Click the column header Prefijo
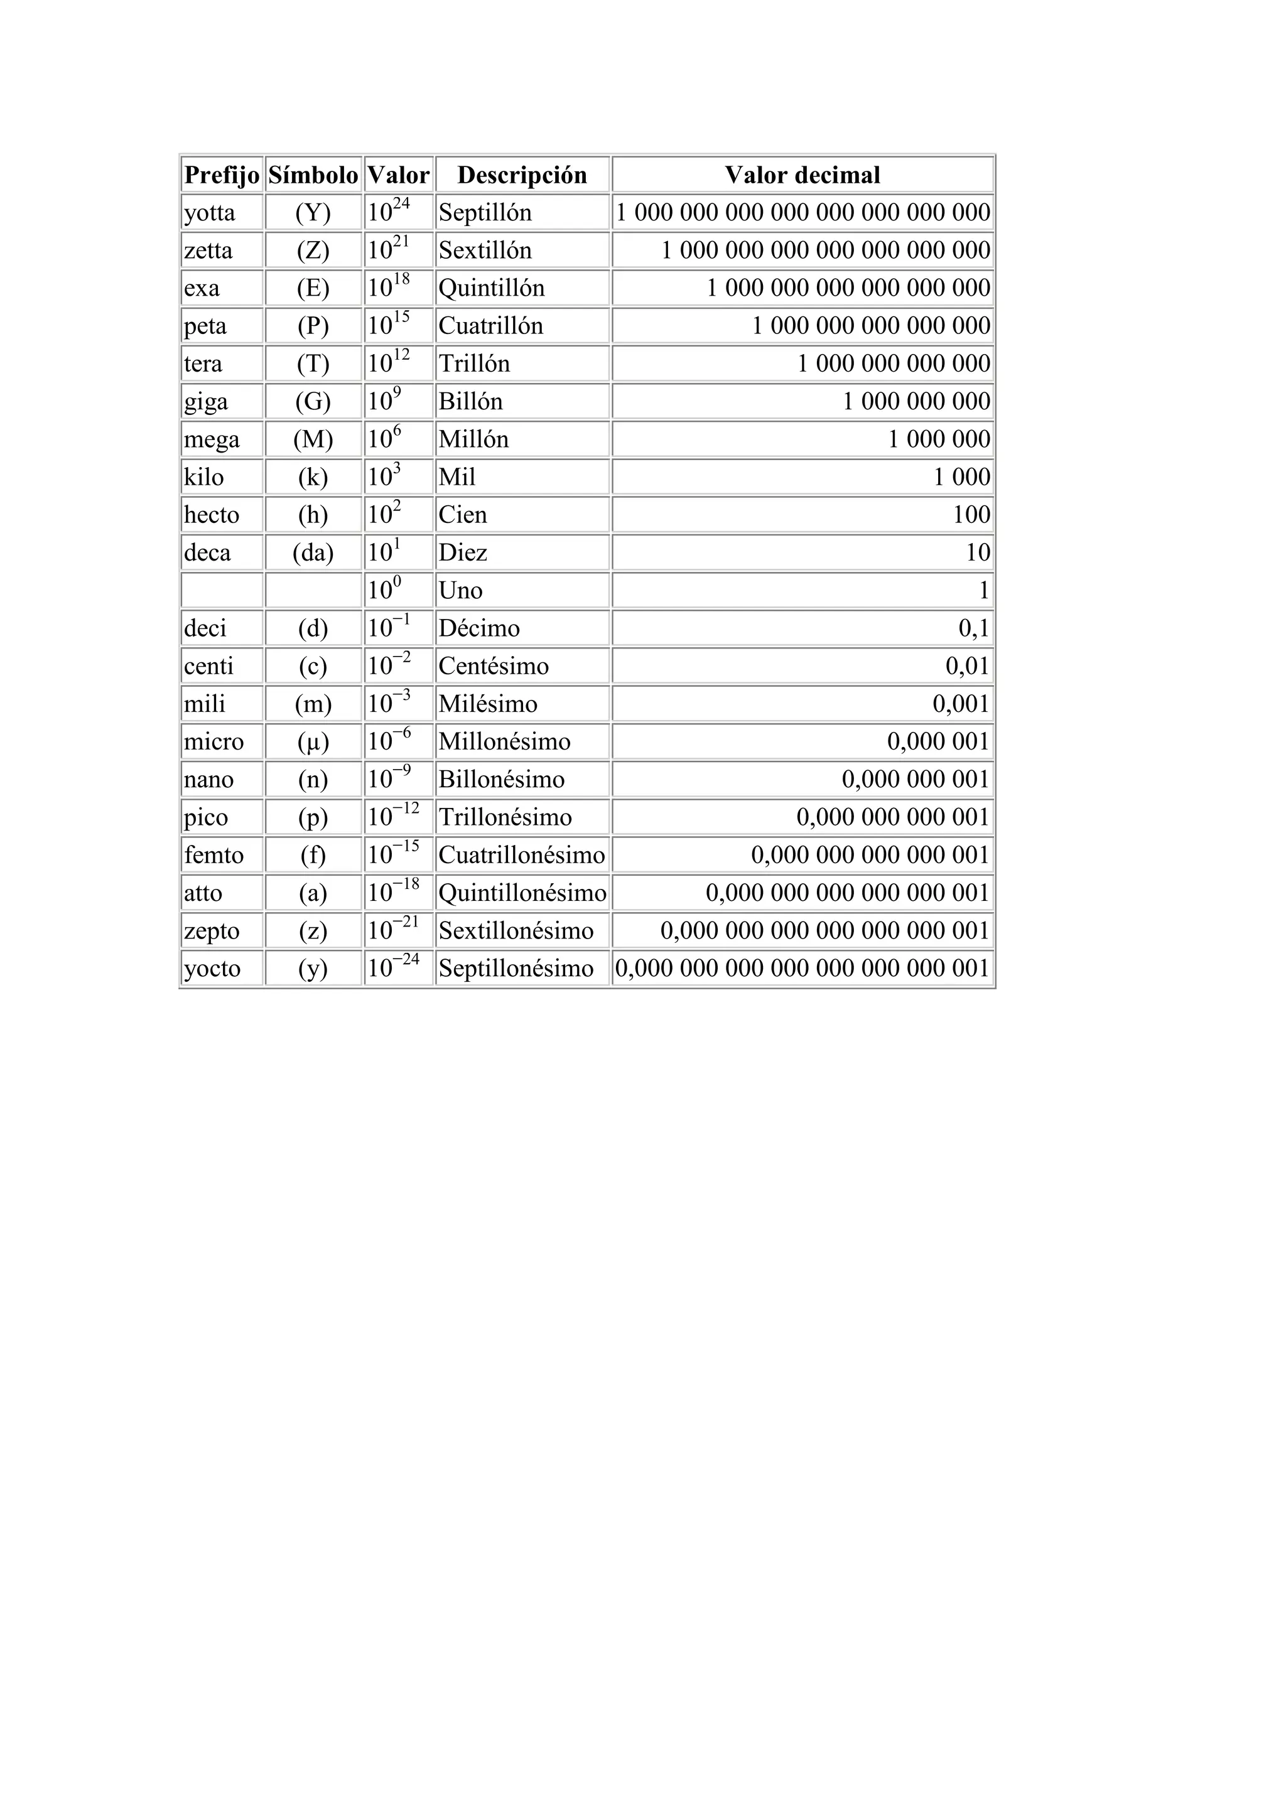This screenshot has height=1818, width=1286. tap(222, 175)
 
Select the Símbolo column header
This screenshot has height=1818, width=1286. tap(313, 175)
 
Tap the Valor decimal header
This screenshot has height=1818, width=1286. tap(802, 175)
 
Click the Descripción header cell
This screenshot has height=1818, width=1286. tap(522, 175)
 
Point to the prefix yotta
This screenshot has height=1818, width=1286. tap(210, 213)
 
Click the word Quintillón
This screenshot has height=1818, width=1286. tap(492, 288)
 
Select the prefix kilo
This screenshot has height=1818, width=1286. tap(203, 478)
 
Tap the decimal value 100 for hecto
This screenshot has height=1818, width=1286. tap(971, 515)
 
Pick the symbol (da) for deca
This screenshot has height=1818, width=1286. tap(313, 552)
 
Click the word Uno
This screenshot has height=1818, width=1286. tap(460, 591)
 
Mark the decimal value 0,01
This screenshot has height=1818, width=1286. tap(968, 667)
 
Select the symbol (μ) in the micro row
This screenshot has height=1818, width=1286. tap(313, 742)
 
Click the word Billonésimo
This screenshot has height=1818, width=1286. tap(501, 780)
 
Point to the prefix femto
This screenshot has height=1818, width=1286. tap(213, 855)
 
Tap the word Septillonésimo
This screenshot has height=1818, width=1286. tap(516, 969)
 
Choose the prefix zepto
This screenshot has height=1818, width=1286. tap(212, 931)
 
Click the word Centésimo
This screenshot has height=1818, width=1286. tap(494, 667)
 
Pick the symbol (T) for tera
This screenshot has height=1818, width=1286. tap(313, 364)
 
